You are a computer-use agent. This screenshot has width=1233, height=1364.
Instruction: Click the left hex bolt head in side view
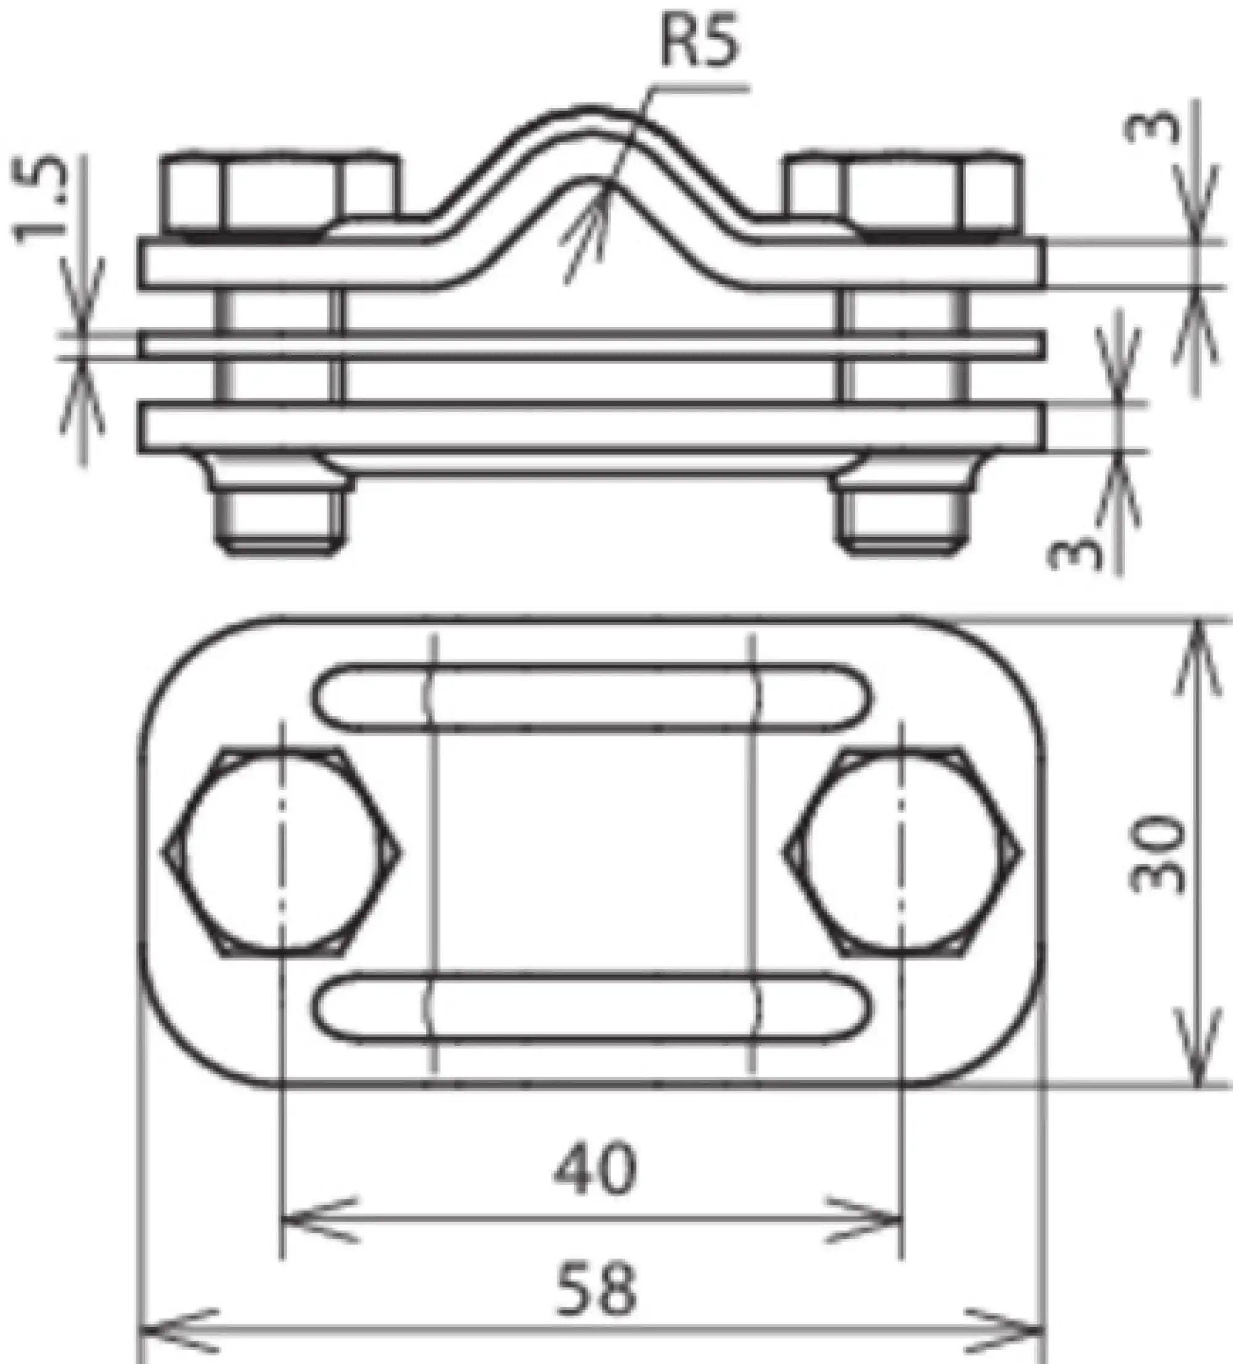point(279,193)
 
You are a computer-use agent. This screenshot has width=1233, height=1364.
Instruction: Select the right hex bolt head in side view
point(903,193)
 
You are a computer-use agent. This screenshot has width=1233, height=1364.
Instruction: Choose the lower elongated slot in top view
point(592,1008)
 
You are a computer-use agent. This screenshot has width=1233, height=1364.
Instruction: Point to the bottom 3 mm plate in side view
point(592,427)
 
